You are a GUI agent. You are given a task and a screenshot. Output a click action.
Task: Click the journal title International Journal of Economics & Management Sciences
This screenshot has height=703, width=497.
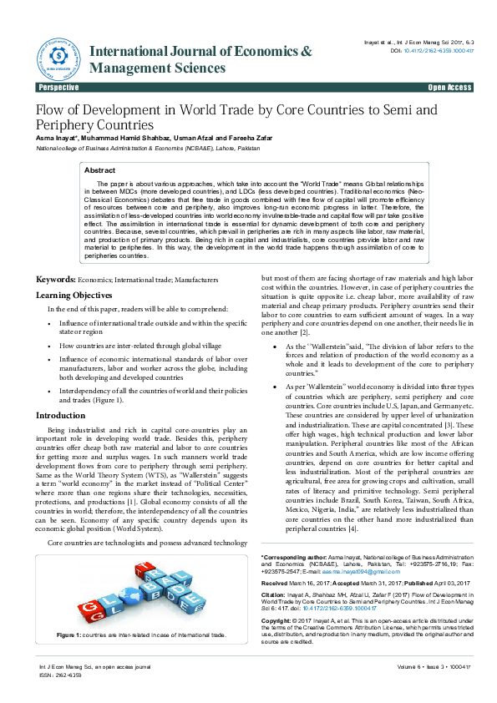(x=200, y=59)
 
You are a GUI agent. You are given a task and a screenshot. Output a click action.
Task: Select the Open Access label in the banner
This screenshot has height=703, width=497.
(x=449, y=88)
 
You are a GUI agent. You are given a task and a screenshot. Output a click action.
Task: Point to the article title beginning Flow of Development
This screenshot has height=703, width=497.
(x=236, y=117)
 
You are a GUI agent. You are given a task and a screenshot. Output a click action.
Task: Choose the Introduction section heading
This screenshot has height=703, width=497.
(x=60, y=415)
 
